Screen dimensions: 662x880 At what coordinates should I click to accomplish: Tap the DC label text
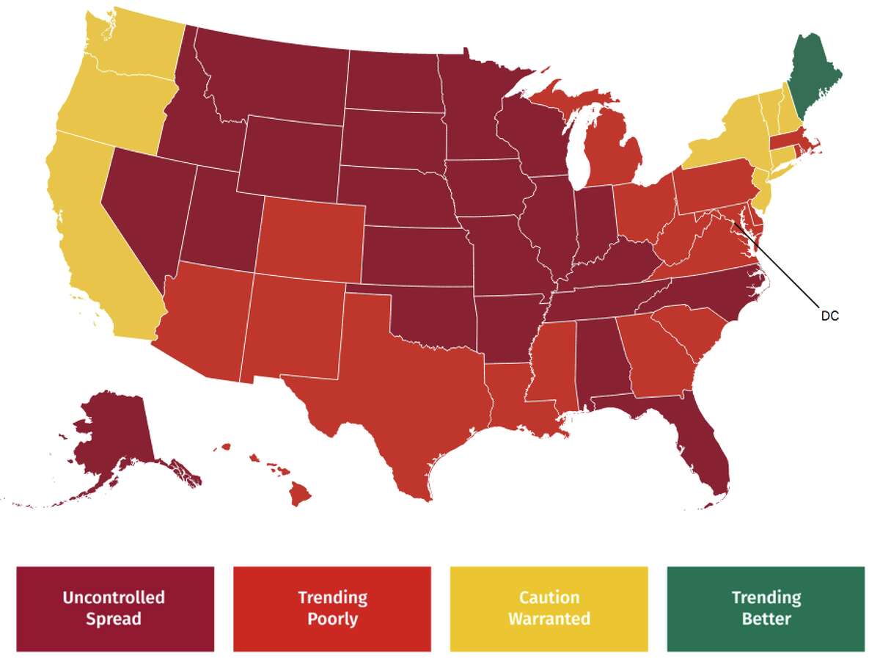tap(829, 317)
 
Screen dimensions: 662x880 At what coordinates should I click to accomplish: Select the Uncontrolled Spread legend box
tap(114, 608)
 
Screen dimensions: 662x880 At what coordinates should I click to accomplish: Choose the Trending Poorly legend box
tap(331, 608)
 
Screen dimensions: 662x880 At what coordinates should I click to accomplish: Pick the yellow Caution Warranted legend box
tap(549, 608)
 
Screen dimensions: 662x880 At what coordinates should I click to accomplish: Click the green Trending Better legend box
tap(766, 608)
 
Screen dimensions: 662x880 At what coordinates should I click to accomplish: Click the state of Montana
tap(279, 81)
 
